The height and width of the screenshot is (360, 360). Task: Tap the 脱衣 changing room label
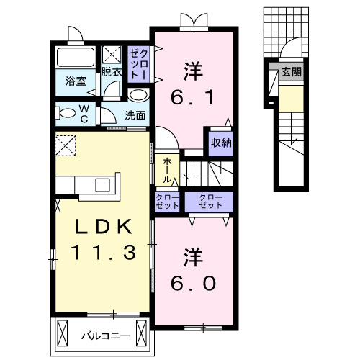[x=111, y=72]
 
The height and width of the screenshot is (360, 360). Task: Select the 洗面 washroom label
[x=135, y=114]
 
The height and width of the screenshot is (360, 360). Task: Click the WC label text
[x=84, y=112]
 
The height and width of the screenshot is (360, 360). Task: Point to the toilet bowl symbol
[x=67, y=112]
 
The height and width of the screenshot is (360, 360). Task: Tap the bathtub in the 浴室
[x=76, y=58]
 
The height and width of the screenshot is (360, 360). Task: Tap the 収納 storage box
[x=221, y=142]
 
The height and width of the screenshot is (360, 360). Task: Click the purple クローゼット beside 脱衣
[x=138, y=63]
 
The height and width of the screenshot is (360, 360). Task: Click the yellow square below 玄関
[x=290, y=99]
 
